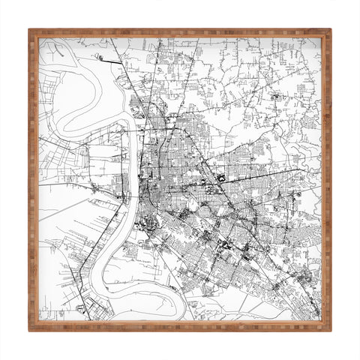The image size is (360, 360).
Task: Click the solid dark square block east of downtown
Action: [x=222, y=178]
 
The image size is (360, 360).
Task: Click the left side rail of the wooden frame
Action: [x=34, y=180]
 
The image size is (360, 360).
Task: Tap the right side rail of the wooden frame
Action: [x=326, y=180]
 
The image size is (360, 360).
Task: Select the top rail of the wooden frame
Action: [x=180, y=34]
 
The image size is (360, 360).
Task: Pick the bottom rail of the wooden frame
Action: [x=180, y=326]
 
